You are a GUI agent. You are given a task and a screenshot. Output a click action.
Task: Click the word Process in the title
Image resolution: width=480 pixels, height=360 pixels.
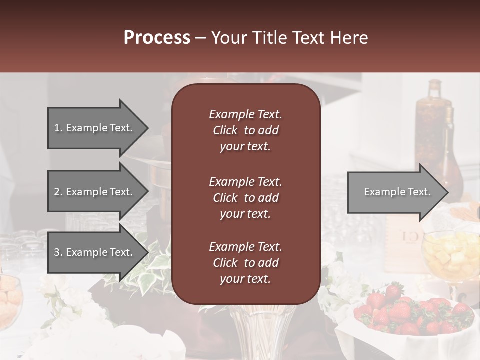(x=157, y=38)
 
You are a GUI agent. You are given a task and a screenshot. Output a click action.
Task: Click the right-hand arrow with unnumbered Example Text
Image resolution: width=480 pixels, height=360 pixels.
(x=397, y=192)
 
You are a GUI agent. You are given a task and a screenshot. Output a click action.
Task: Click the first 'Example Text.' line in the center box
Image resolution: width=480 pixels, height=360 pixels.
(x=245, y=114)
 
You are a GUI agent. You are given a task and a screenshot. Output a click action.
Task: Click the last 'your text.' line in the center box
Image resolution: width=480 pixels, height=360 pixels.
(x=245, y=279)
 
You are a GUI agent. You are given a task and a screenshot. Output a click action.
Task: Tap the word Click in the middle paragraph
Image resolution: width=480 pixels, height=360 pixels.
(x=225, y=198)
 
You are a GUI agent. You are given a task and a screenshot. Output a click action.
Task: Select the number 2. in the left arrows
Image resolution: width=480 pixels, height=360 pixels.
(x=58, y=192)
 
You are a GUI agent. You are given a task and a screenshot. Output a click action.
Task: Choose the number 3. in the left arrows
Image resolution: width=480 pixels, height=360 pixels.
(x=58, y=252)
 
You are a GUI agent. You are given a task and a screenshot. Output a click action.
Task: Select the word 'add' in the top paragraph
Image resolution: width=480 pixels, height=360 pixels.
(x=268, y=130)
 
